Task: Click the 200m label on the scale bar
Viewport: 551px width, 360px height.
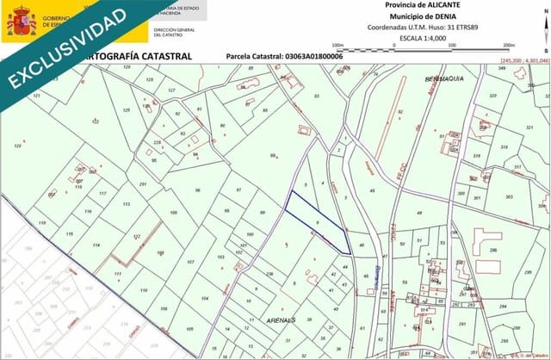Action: (508, 45)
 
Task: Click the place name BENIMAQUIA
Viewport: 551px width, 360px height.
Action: (445, 79)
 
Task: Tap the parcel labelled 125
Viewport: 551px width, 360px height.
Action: (127, 110)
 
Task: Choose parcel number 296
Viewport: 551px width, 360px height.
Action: (492, 250)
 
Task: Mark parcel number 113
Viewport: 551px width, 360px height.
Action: (126, 204)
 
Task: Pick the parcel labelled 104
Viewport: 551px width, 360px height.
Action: (204, 298)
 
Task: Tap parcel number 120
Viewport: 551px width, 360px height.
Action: (18, 146)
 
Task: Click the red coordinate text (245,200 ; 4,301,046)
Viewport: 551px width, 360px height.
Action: (523, 60)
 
